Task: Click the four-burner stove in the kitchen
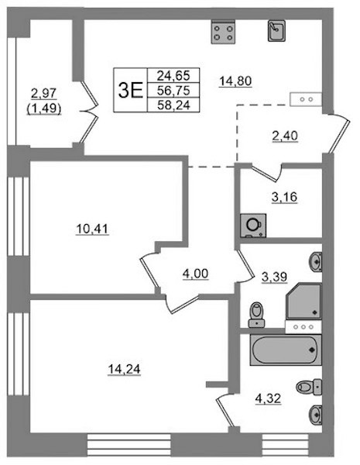click(223, 32)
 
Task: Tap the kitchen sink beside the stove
click(276, 30)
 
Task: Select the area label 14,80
click(235, 81)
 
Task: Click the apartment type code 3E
click(130, 90)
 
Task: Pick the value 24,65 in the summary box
click(173, 75)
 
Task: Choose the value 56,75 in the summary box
click(173, 90)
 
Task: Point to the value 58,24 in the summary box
click(173, 105)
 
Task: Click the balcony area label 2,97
click(44, 94)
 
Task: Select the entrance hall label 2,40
click(284, 136)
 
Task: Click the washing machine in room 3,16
click(253, 226)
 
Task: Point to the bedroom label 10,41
click(92, 229)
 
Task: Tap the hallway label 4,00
click(196, 274)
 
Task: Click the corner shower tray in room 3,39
click(304, 301)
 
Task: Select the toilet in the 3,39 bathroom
click(256, 315)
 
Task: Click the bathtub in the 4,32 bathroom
click(286, 350)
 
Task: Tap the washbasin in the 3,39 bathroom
click(316, 262)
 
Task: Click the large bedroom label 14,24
click(124, 369)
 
